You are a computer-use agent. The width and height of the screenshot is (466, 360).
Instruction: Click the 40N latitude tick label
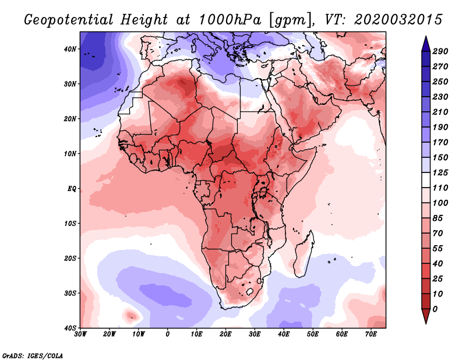(70, 49)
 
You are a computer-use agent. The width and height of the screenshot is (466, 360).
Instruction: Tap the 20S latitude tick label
(70, 258)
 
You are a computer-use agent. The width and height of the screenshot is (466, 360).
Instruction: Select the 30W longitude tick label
(80, 334)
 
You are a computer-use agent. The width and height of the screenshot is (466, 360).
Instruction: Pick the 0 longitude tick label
(168, 334)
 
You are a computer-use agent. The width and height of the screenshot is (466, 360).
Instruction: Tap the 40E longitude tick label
(284, 334)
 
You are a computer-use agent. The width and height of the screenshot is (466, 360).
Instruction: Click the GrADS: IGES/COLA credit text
(32, 355)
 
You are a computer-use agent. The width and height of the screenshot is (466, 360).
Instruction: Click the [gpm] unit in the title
(286, 19)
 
